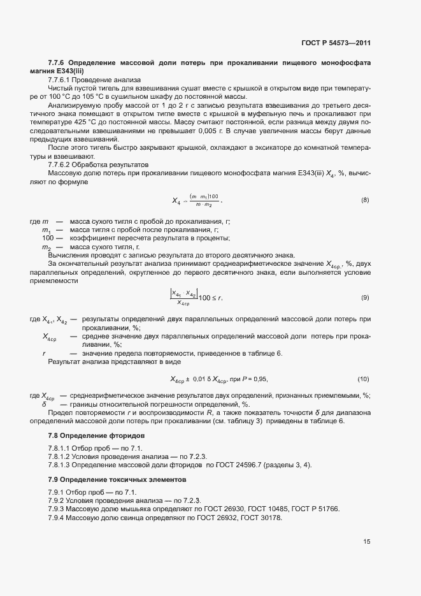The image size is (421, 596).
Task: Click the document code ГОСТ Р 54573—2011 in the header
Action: (x=335, y=43)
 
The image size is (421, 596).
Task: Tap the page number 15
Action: (x=367, y=542)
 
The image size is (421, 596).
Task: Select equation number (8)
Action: (x=365, y=200)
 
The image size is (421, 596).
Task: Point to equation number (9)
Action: (x=365, y=298)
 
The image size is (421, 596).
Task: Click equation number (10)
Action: (x=364, y=379)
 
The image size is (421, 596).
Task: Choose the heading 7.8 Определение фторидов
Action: (x=96, y=435)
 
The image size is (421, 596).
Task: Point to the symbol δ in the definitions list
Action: (x=44, y=404)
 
